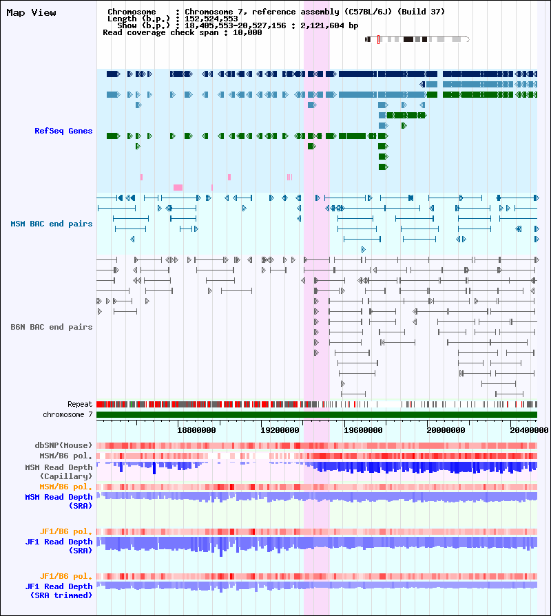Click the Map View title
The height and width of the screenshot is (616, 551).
pyautogui.click(x=31, y=12)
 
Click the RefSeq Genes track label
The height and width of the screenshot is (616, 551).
pyautogui.click(x=63, y=131)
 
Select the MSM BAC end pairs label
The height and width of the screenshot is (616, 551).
pyautogui.click(x=52, y=224)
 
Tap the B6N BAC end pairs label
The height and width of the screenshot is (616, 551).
pyautogui.click(x=52, y=327)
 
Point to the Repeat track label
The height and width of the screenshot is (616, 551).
pyautogui.click(x=80, y=404)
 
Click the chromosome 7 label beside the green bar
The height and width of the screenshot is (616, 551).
pyautogui.click(x=67, y=414)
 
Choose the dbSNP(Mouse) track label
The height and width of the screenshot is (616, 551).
pyautogui.click(x=63, y=445)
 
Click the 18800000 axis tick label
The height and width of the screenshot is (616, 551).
pyautogui.click(x=196, y=430)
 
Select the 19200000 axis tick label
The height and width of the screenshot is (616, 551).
pyautogui.click(x=280, y=430)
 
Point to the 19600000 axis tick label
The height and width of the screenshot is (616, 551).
pyautogui.click(x=363, y=430)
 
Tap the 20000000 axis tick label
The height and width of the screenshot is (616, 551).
pyautogui.click(x=446, y=430)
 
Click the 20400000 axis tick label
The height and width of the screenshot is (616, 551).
pyautogui.click(x=530, y=430)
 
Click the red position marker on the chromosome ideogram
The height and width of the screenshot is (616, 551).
pyautogui.click(x=379, y=39)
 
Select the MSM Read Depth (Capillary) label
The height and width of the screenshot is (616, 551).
pyautogui.click(x=59, y=471)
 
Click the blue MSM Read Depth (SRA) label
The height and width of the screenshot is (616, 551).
pyautogui.click(x=59, y=501)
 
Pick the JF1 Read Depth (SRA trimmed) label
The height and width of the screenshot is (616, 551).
pyautogui.click(x=59, y=591)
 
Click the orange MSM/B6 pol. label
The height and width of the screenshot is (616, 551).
pyautogui.click(x=65, y=487)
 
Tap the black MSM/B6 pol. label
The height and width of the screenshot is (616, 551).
pyautogui.click(x=65, y=456)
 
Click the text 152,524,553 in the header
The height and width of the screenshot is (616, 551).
pyautogui.click(x=211, y=19)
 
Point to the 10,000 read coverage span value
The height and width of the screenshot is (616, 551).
pyautogui.click(x=247, y=32)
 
